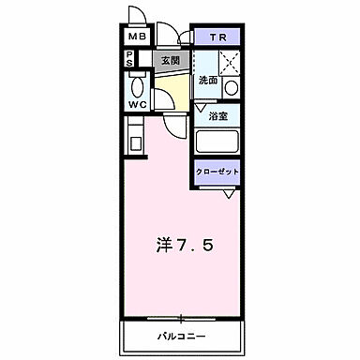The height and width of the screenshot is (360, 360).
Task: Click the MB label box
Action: tap(137, 37)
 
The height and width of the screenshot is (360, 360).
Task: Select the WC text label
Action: tap(137, 104)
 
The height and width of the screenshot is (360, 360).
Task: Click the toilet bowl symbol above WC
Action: tap(137, 85)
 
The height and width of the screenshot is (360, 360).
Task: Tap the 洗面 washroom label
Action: tap(207, 80)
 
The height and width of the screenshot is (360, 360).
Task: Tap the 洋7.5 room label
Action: tap(185, 245)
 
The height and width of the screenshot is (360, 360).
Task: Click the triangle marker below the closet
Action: tap(228, 193)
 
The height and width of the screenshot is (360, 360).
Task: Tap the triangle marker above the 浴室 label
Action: tap(201, 108)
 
